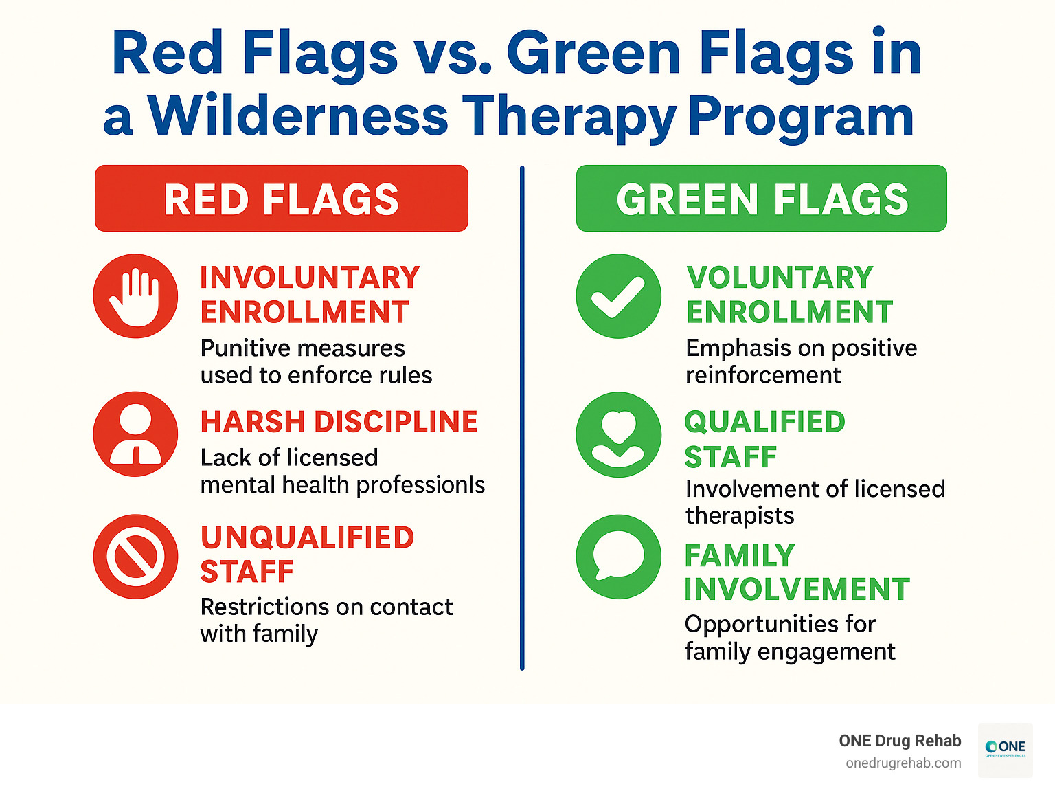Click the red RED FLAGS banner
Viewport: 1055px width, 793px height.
coord(282,199)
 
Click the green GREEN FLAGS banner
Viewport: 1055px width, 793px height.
coord(761,199)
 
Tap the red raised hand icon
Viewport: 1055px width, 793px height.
coord(135,296)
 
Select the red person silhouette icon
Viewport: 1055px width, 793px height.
coord(135,434)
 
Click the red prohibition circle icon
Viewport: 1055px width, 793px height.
coord(135,557)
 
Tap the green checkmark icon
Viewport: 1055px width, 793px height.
coord(618,296)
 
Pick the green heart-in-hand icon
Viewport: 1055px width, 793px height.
coord(618,434)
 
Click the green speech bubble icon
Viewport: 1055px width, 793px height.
coord(618,557)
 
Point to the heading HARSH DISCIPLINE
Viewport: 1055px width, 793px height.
coord(339,422)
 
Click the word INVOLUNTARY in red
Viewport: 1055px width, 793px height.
coord(310,278)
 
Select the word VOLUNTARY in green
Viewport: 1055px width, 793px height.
coord(780,278)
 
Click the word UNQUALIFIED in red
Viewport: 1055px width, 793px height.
coord(307,537)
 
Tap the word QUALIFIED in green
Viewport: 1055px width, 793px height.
coord(764,422)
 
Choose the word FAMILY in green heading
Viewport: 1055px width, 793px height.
coord(739,555)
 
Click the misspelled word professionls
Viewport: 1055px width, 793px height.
coord(420,485)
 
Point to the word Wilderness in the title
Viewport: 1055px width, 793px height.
coord(298,115)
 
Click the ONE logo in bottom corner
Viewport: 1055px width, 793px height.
coord(1005,749)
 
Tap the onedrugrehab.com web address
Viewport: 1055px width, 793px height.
coord(903,763)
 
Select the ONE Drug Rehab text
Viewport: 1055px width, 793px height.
coord(900,741)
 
